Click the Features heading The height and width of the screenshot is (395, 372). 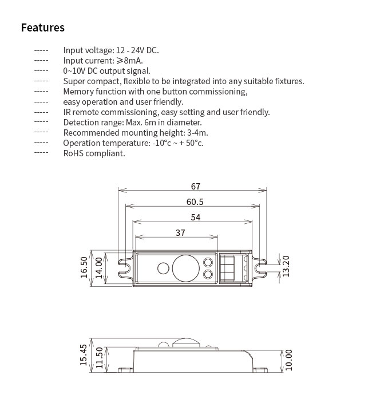43,27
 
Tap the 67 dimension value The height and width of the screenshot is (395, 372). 196,186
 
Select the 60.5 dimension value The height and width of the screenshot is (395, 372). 195,202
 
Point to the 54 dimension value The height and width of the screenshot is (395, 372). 195,217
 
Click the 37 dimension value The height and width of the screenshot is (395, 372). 180,232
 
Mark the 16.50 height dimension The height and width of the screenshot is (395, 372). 84,267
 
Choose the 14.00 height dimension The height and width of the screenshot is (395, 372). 98,267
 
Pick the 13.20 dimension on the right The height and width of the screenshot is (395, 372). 287,266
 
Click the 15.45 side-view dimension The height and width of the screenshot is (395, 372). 84,354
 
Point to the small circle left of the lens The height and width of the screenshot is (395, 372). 163,267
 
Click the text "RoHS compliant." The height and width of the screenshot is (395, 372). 94,153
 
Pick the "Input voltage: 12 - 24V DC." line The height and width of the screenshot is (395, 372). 111,50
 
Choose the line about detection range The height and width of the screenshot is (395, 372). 132,123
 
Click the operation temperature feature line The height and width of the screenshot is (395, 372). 133,143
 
